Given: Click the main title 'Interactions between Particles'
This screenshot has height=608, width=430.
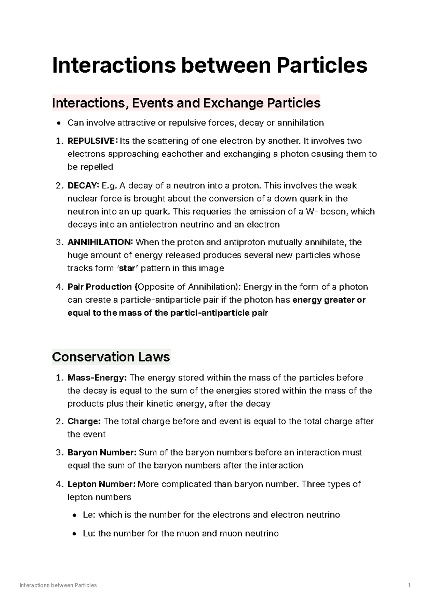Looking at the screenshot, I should click(210, 66).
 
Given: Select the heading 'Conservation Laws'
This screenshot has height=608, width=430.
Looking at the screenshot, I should click(111, 357).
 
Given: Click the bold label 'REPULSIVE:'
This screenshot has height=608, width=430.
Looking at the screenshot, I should click(92, 141).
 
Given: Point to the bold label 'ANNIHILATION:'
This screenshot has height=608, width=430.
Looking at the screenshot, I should click(100, 243).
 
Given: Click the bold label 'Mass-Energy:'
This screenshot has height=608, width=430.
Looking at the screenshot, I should click(97, 378).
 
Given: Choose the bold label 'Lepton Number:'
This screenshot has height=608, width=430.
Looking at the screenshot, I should click(101, 484).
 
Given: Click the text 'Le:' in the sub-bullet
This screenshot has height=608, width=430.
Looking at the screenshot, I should click(89, 515).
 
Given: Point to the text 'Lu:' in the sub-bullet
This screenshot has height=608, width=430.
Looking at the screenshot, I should click(89, 533).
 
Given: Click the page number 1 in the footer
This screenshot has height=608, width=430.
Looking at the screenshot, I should click(408, 585).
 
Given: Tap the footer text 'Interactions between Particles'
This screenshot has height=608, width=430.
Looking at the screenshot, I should click(58, 585).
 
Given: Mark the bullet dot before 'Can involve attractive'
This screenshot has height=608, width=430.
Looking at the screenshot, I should click(59, 124).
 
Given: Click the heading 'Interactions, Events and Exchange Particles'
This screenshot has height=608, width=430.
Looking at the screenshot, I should click(186, 103).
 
